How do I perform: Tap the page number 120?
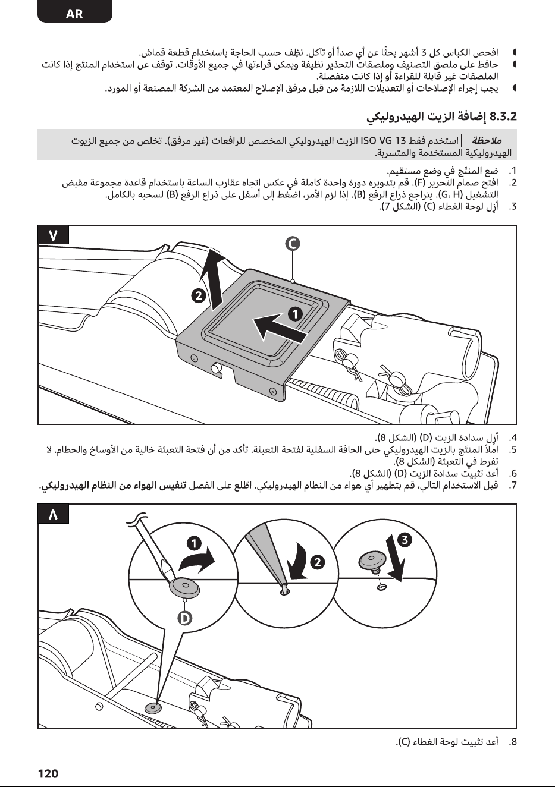tap(48, 774)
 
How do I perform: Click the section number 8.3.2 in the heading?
tap(503, 116)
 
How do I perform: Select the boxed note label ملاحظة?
tap(487, 140)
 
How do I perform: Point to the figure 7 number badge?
tap(53, 235)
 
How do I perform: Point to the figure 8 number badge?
tap(53, 514)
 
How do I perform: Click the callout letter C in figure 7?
tap(293, 244)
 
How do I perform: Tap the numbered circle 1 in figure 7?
tap(296, 314)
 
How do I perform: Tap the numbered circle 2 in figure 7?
tap(199, 296)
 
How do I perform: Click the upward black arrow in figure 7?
tap(215, 279)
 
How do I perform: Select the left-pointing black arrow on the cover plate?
tap(278, 328)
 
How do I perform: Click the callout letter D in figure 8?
tap(184, 618)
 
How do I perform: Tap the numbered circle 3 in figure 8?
tap(405, 539)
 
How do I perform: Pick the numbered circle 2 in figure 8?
tap(317, 562)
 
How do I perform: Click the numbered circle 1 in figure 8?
tap(194, 544)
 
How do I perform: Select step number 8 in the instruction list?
tap(513, 742)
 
